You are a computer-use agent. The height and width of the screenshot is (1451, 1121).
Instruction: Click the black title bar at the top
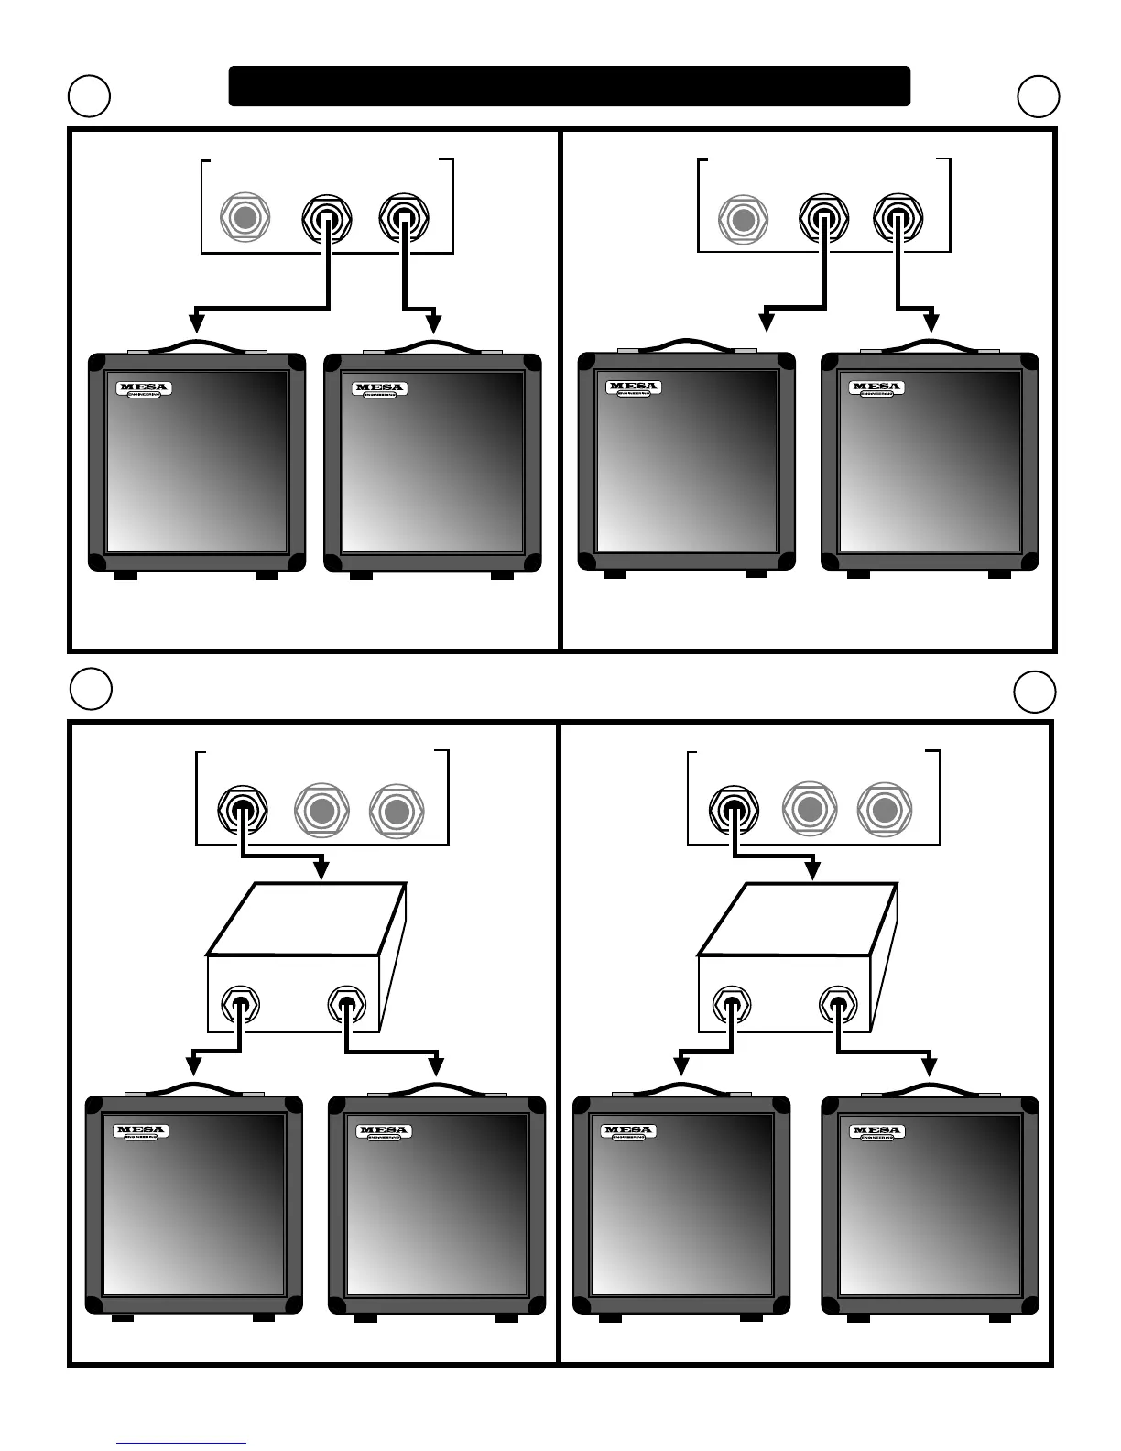pyautogui.click(x=569, y=86)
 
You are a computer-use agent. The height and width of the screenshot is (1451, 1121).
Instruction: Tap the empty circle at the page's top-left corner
pyautogui.click(x=90, y=96)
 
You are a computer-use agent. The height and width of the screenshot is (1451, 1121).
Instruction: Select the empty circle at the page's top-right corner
pyautogui.click(x=1039, y=96)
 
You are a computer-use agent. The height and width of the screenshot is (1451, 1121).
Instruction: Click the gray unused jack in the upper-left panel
pyautogui.click(x=245, y=218)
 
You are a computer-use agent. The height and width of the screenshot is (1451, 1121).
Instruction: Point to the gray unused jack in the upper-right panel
pyautogui.click(x=743, y=220)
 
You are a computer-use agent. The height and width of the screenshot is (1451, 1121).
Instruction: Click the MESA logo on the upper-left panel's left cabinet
pyautogui.click(x=144, y=388)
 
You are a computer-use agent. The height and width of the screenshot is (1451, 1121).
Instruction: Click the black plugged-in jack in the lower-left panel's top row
pyautogui.click(x=242, y=810)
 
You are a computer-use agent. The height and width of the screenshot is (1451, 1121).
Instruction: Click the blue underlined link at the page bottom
pyautogui.click(x=181, y=1443)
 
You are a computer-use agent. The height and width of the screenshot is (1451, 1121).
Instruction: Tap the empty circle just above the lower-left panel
pyautogui.click(x=91, y=689)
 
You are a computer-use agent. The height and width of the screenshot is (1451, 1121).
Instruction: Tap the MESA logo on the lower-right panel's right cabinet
pyautogui.click(x=877, y=1132)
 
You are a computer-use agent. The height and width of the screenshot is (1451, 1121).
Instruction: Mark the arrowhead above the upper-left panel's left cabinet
pyautogui.click(x=196, y=322)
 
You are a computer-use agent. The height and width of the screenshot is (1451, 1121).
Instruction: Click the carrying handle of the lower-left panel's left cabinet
pyautogui.click(x=193, y=1088)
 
